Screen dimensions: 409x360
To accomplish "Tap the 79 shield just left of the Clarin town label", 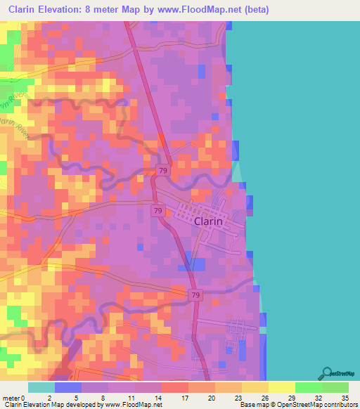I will click(x=158, y=210).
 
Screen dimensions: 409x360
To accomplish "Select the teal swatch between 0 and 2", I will click(x=41, y=387).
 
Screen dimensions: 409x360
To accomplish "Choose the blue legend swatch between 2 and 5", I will click(x=68, y=387).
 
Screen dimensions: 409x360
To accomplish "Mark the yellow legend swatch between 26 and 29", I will click(x=281, y=387).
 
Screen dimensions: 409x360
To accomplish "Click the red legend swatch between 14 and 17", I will click(x=174, y=387).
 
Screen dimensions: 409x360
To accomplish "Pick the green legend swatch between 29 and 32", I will click(x=308, y=387).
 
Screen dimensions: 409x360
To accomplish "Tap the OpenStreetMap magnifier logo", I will click(x=327, y=372).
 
